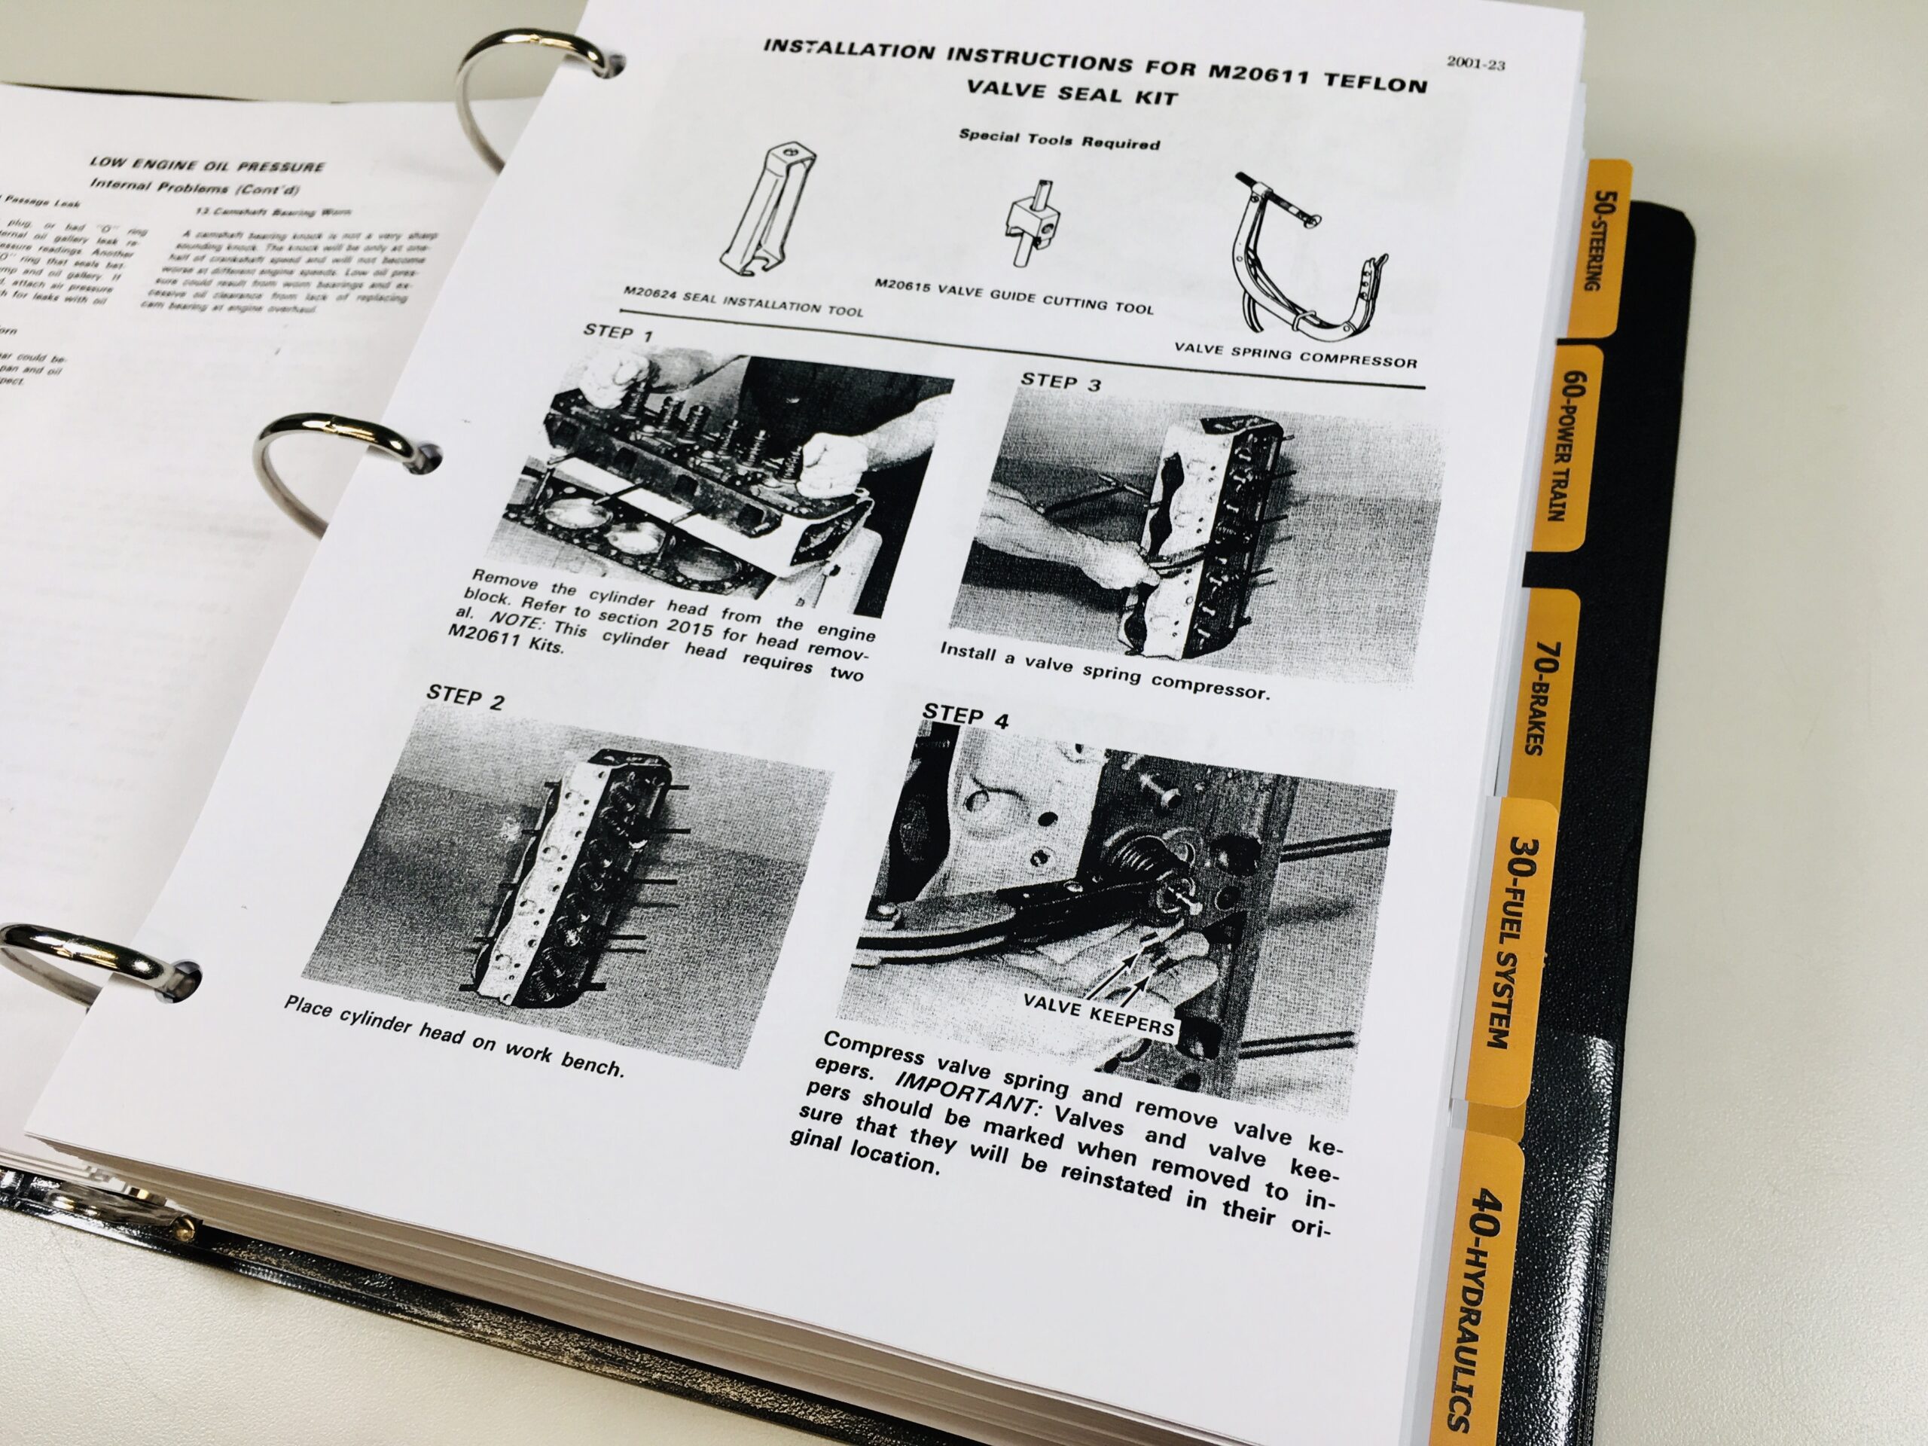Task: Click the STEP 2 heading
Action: coord(465,697)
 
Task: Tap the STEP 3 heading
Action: coord(1060,380)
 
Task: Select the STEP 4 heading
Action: coord(966,716)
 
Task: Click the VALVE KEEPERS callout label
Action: coord(1098,1019)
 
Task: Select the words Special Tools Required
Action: coord(1059,139)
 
